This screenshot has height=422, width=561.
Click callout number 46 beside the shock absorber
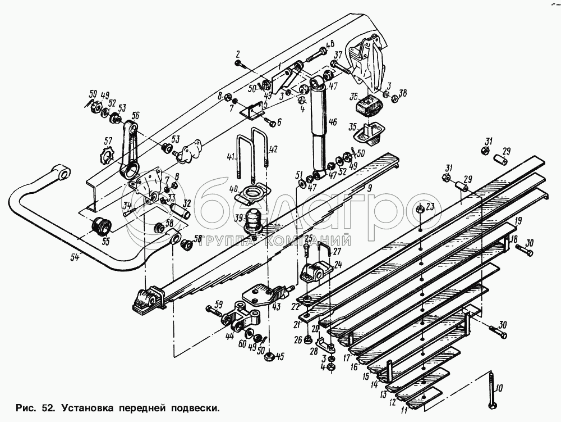point(332,122)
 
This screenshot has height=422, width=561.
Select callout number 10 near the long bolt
point(499,387)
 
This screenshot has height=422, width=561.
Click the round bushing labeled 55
point(102,226)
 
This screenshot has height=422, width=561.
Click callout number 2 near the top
point(237,55)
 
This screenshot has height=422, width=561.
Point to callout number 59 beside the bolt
point(218,305)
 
